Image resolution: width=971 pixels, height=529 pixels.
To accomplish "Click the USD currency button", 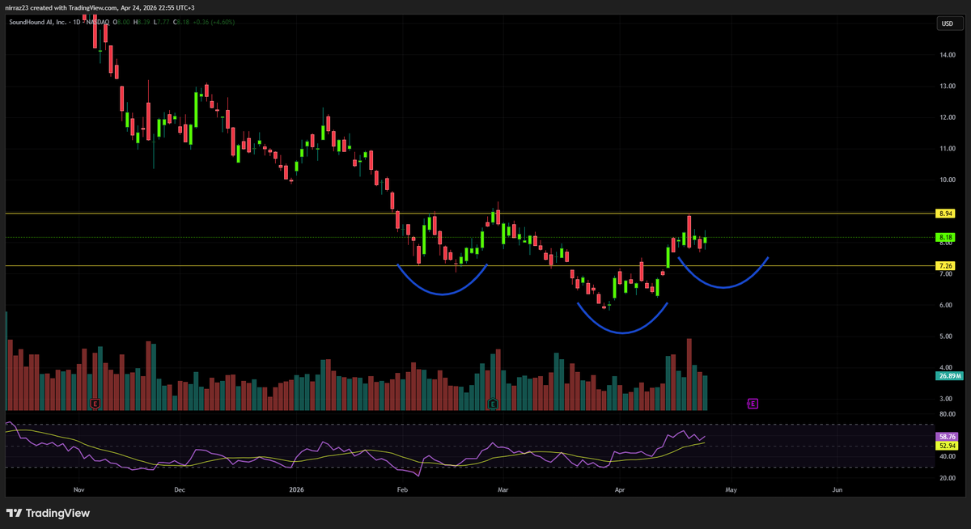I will (945, 24).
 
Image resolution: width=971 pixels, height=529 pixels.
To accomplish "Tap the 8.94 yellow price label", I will (944, 214).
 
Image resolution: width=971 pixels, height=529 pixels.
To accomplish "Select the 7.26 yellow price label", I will (944, 266).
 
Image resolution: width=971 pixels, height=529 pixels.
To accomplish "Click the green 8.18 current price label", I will (944, 238).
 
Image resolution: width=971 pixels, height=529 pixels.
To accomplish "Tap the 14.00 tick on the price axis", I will (948, 55).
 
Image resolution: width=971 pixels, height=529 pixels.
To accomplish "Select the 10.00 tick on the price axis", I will (948, 180).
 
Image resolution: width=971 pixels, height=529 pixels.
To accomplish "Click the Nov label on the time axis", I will (78, 489).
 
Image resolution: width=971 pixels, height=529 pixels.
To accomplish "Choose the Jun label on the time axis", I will (837, 489).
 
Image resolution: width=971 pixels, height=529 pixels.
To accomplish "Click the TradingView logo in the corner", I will (49, 513).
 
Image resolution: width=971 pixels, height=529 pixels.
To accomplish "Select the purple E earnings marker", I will (753, 403).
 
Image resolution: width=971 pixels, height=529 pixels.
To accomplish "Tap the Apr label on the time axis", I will (620, 489).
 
